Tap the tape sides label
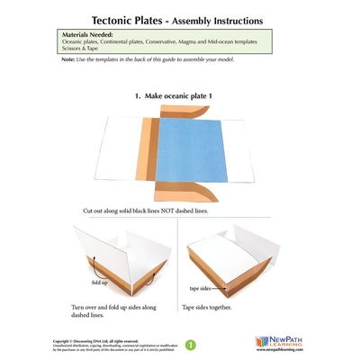tap(200, 289)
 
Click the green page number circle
tap(189, 344)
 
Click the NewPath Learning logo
tap(281, 342)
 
